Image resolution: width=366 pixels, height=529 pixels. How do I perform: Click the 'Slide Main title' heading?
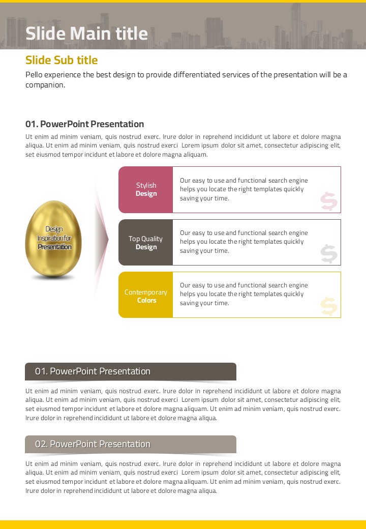86,34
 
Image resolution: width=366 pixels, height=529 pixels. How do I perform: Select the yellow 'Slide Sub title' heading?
62,60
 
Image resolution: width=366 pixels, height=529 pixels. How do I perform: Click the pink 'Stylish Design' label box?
146,189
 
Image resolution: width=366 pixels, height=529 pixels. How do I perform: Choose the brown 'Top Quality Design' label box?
146,243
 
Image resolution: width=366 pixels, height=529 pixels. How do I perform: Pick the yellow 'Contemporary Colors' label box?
146,296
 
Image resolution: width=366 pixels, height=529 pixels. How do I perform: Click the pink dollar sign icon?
329,201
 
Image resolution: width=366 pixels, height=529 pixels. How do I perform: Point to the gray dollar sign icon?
329,254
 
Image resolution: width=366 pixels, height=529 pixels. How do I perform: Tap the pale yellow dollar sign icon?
329,306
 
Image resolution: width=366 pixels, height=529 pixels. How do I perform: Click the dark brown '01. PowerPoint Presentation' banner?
131,371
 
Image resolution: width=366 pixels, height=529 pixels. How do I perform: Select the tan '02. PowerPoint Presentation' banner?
131,444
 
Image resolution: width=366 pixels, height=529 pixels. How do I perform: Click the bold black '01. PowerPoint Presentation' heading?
84,124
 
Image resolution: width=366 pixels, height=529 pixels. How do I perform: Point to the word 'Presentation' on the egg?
54,247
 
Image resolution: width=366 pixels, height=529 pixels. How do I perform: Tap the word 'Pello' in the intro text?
34,75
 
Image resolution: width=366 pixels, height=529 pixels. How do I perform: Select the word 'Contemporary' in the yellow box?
146,292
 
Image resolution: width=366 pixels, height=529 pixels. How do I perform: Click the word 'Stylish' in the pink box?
146,185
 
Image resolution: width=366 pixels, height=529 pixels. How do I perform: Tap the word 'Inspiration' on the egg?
50,238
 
